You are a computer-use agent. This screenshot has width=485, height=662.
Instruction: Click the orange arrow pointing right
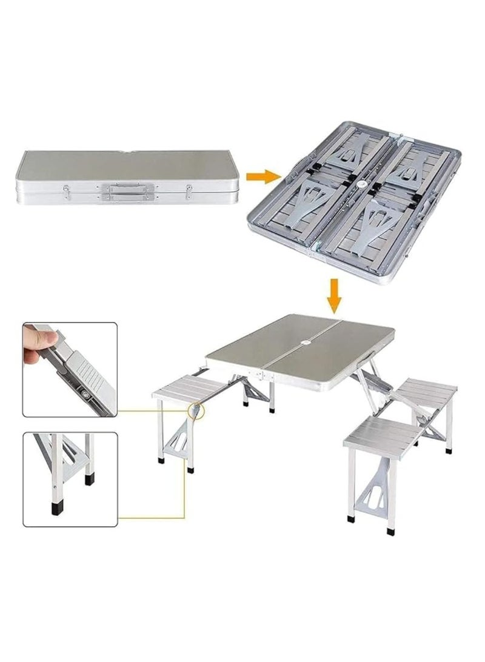coord(264,176)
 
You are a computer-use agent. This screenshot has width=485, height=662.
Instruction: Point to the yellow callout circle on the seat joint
coord(197,410)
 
